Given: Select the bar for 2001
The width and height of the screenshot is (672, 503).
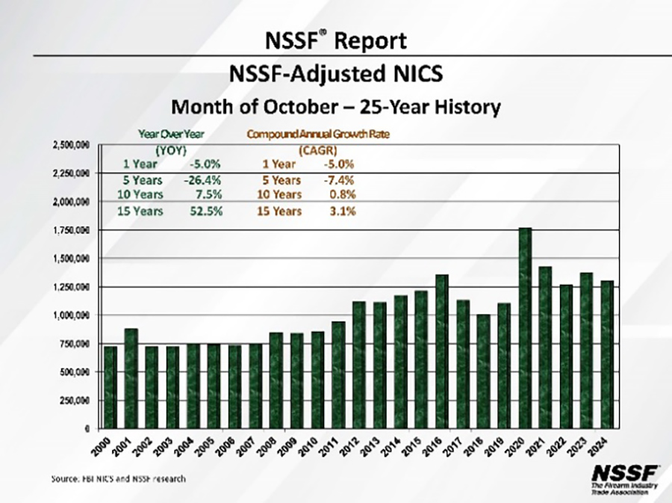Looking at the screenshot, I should (x=131, y=378).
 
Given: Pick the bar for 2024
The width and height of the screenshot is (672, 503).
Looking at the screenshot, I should (x=608, y=354).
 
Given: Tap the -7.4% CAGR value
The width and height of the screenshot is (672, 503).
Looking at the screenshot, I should (x=339, y=180).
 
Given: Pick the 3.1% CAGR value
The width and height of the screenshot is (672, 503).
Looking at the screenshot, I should (x=343, y=212).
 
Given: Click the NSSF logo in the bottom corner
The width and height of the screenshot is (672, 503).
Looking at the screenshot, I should (x=625, y=478).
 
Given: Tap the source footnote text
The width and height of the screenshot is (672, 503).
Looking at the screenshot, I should (x=119, y=478).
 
